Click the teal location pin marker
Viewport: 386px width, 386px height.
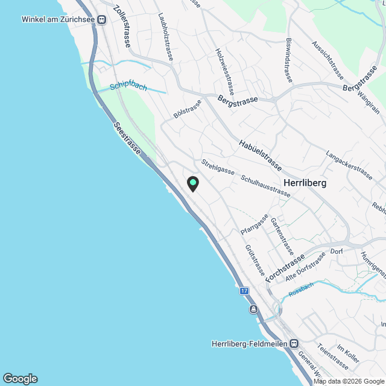192,183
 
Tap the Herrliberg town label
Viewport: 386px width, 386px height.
305,184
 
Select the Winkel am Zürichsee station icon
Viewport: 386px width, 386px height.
101,19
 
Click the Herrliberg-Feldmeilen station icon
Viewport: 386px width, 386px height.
293,344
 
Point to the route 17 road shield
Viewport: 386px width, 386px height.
244,291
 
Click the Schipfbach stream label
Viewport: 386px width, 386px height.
128,87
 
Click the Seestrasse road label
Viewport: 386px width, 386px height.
127,138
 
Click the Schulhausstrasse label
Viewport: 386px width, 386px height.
265,186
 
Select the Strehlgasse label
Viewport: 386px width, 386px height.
218,167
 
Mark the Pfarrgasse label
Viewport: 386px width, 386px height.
254,224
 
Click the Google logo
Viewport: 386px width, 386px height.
20,378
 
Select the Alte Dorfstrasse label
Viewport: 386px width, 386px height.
305,265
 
